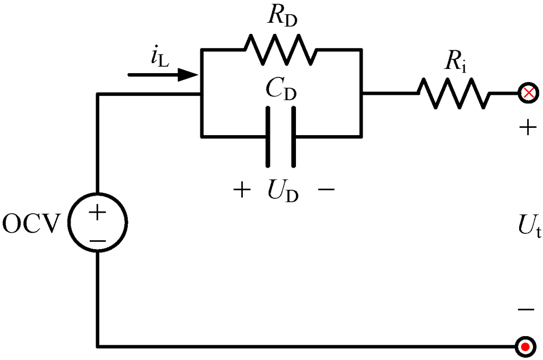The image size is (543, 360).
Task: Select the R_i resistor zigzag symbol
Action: pyautogui.click(x=453, y=94)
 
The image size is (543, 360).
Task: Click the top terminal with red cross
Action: pyautogui.click(x=527, y=94)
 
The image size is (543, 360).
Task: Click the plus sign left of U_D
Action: pyautogui.click(x=242, y=190)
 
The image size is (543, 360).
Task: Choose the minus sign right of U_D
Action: pyautogui.click(x=326, y=190)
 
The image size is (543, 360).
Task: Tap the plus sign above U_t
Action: pyautogui.click(x=527, y=129)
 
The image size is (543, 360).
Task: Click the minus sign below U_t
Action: pyautogui.click(x=527, y=309)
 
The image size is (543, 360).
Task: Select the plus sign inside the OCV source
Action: pyautogui.click(x=98, y=213)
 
